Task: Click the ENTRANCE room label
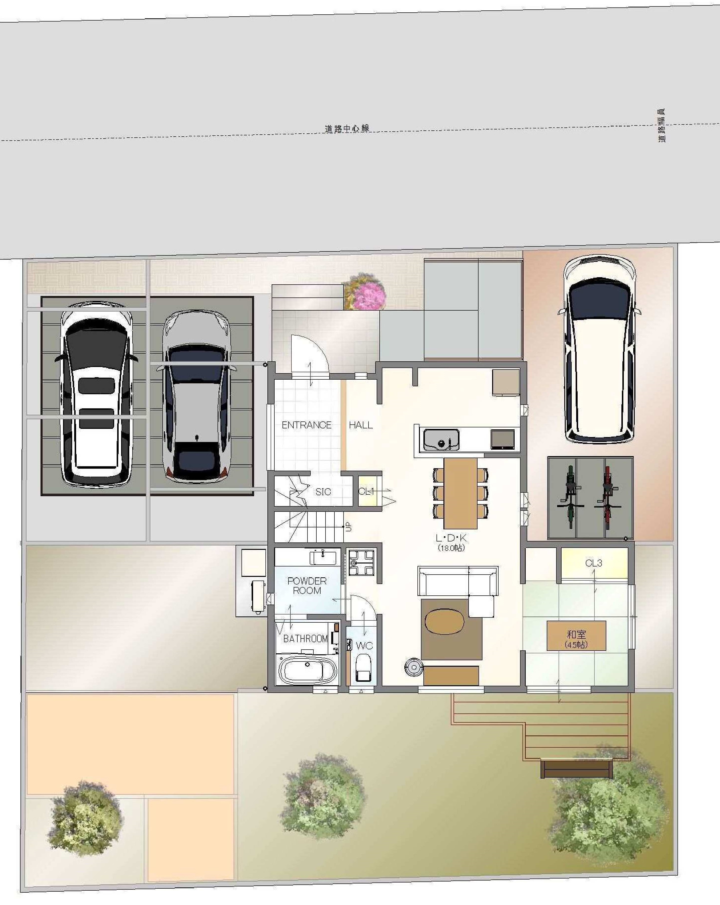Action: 306,425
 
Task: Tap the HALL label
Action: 361,425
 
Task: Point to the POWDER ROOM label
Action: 307,586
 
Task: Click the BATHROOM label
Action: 305,638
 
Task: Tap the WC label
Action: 364,646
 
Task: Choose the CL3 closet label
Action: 594,563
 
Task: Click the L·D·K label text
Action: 451,538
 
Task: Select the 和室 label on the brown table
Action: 576,635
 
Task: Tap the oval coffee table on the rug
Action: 444,621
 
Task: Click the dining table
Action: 460,493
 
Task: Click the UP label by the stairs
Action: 348,527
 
